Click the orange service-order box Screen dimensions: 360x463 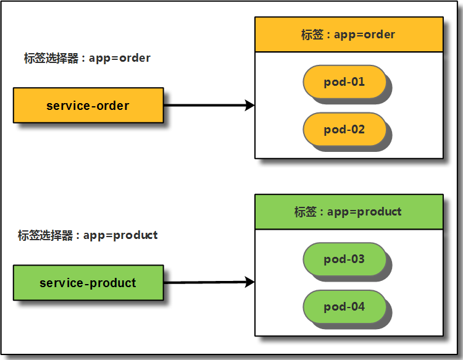[x=88, y=106]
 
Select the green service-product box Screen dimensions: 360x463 [x=88, y=283]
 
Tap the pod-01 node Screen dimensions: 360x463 [x=344, y=82]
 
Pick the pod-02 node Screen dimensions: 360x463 [x=344, y=130]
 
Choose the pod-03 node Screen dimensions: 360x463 [x=344, y=259]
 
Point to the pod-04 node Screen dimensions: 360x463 [x=344, y=307]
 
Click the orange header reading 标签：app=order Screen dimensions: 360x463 [x=349, y=35]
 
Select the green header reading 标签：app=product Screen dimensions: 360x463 [x=349, y=212]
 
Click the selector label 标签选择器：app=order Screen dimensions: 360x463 [x=87, y=58]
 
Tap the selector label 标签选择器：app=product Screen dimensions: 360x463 [x=88, y=235]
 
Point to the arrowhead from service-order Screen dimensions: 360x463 [x=250, y=106]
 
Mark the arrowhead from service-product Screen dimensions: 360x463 [x=250, y=282]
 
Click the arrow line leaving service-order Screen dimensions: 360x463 [x=204, y=106]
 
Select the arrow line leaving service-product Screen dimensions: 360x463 [x=204, y=283]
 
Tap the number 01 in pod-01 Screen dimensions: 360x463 [x=357, y=82]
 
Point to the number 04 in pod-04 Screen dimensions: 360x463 [x=357, y=307]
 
